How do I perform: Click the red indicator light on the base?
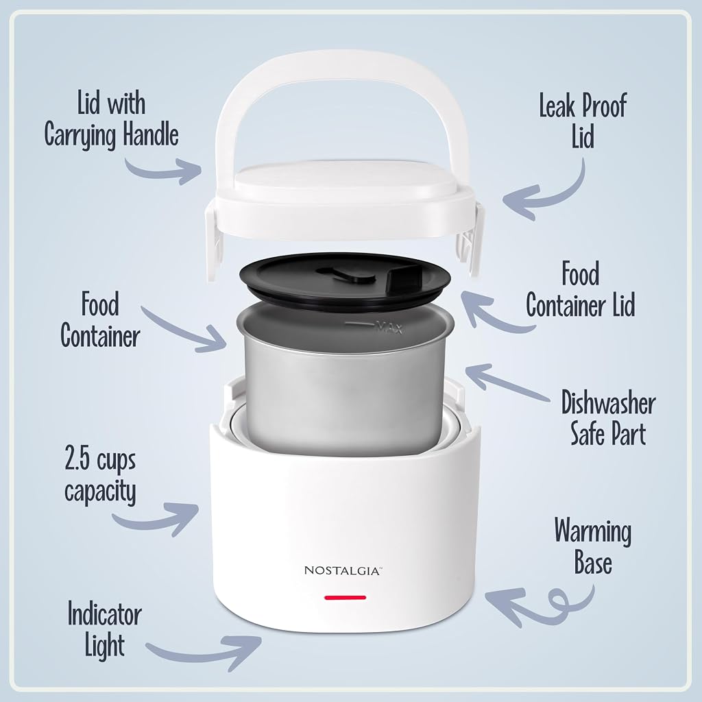346,597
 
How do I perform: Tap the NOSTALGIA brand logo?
343,570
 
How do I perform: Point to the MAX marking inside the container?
389,327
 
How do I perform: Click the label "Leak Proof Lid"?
583,120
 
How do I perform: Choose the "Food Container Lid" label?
581,289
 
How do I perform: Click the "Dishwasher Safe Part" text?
608,417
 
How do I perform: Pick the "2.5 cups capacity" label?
100,475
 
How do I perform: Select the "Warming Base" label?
593,546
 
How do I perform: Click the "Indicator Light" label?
105,631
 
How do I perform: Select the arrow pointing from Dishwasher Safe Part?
506,382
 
